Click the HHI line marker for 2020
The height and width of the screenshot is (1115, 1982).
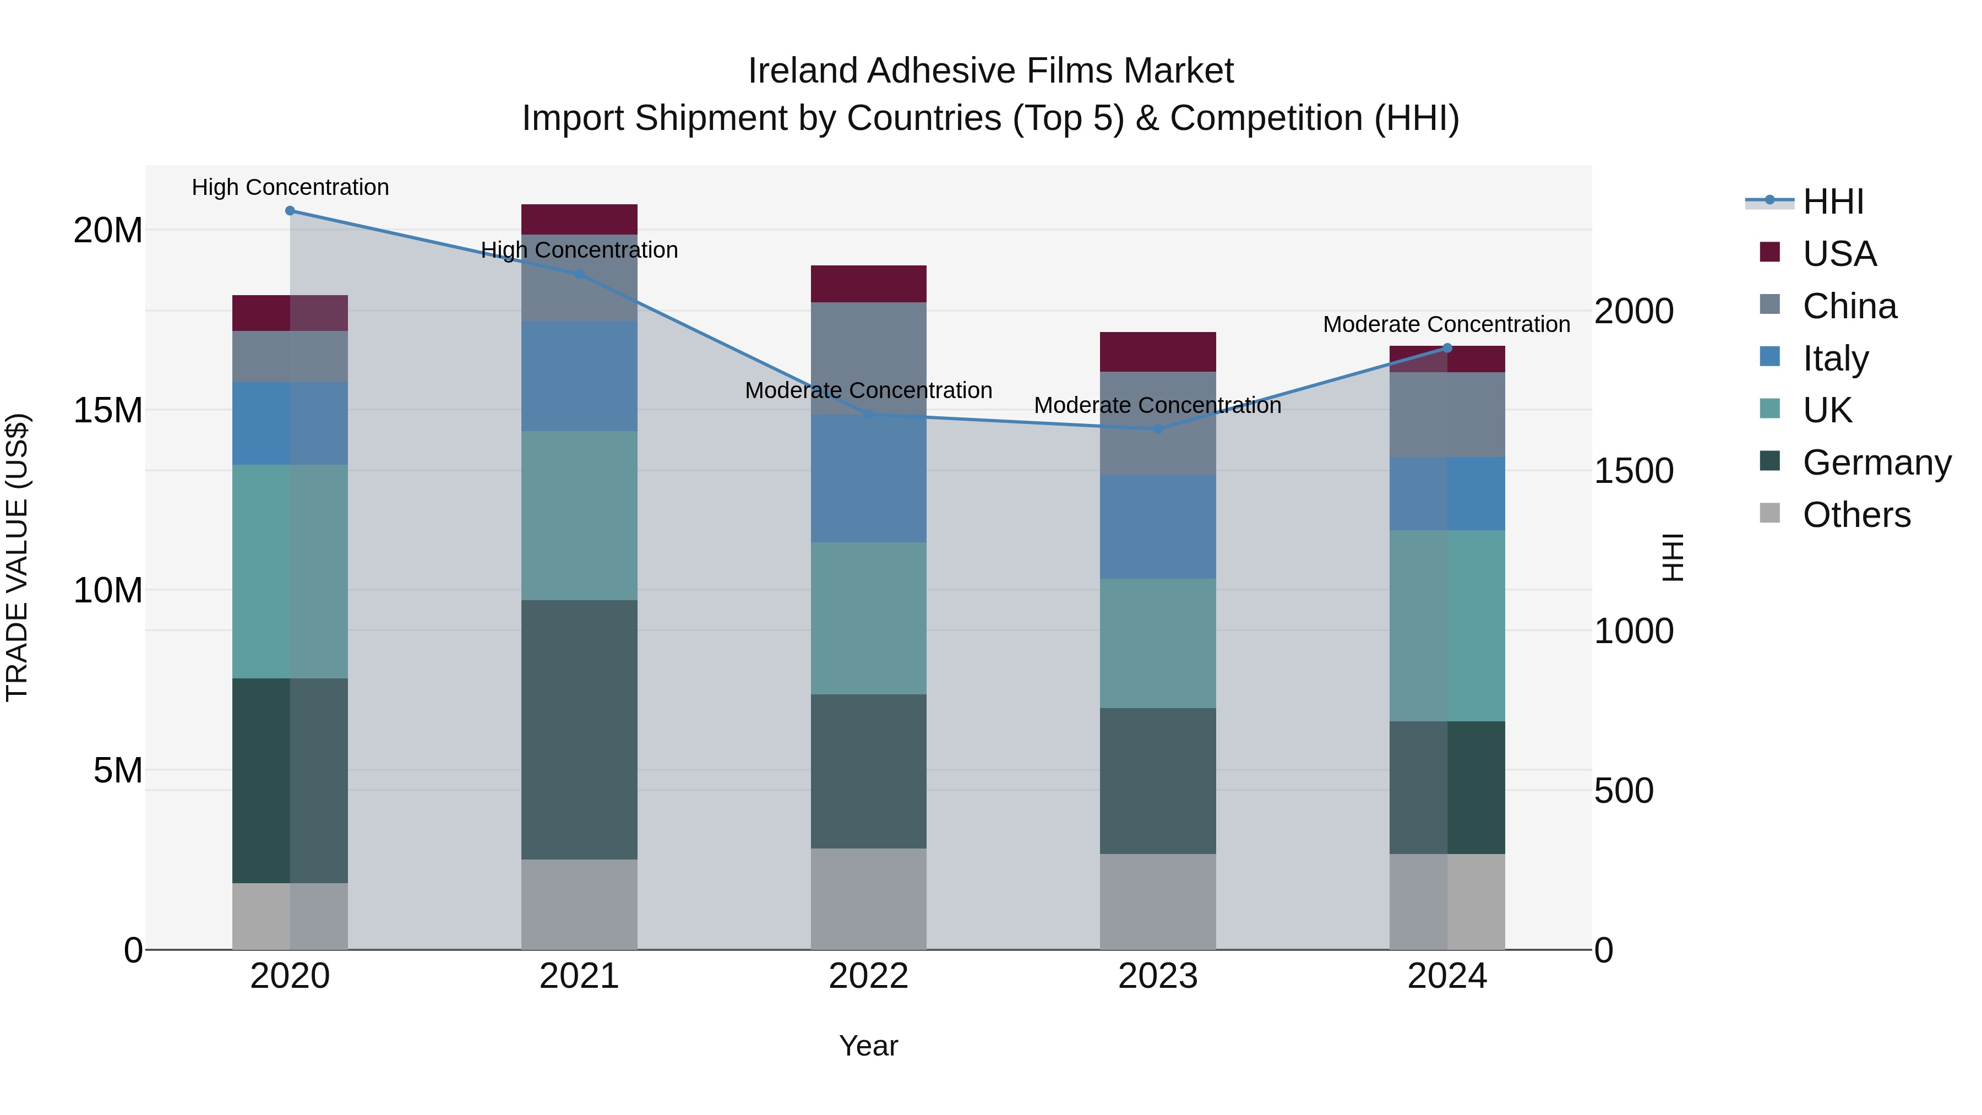point(290,211)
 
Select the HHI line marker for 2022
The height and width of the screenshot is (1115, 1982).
point(869,415)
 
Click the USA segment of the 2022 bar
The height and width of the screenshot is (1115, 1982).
point(869,284)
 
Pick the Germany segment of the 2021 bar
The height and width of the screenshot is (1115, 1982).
point(579,730)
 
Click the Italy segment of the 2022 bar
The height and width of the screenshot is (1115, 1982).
point(869,478)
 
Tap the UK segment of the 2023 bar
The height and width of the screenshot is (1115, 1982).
point(1158,643)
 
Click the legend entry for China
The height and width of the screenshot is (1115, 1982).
point(1849,306)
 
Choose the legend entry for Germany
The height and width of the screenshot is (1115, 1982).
point(1876,463)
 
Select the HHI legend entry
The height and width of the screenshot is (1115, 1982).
point(1833,202)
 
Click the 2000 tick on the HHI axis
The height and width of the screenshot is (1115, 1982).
point(1633,311)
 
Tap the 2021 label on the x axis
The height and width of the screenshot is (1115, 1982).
point(579,976)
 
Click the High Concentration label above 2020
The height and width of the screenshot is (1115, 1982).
point(290,187)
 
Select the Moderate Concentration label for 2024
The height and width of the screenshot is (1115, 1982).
point(1446,324)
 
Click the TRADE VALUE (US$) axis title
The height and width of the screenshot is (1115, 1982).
point(17,557)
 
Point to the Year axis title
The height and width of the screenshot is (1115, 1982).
point(869,1046)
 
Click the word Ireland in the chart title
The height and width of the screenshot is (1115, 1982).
point(803,71)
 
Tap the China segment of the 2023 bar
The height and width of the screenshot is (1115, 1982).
point(1158,423)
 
